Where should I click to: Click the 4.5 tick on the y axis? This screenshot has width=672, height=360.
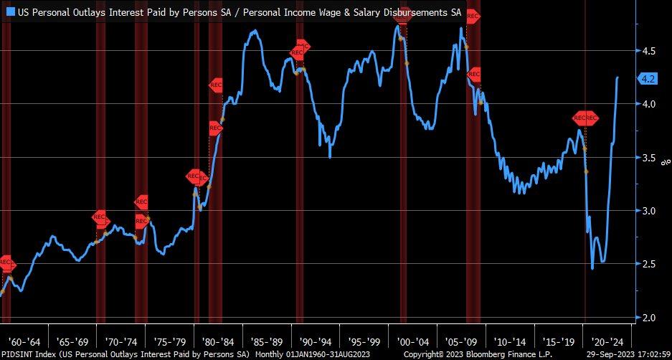tap(649, 52)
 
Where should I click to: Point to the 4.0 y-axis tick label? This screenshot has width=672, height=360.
tap(649, 105)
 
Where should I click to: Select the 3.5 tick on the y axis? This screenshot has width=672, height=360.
tap(649, 158)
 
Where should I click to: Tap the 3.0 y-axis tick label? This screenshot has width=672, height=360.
tap(649, 211)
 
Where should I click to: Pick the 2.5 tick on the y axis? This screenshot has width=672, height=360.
tap(649, 265)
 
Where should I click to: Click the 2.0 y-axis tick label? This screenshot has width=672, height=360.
tap(649, 318)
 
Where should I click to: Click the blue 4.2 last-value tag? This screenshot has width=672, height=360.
tap(648, 79)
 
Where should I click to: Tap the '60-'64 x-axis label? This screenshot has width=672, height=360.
tap(24, 341)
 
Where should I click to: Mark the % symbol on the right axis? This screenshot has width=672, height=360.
tap(663, 164)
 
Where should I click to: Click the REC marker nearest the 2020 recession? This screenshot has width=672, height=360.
tap(585, 118)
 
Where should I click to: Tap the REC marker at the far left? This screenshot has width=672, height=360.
tap(5, 263)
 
